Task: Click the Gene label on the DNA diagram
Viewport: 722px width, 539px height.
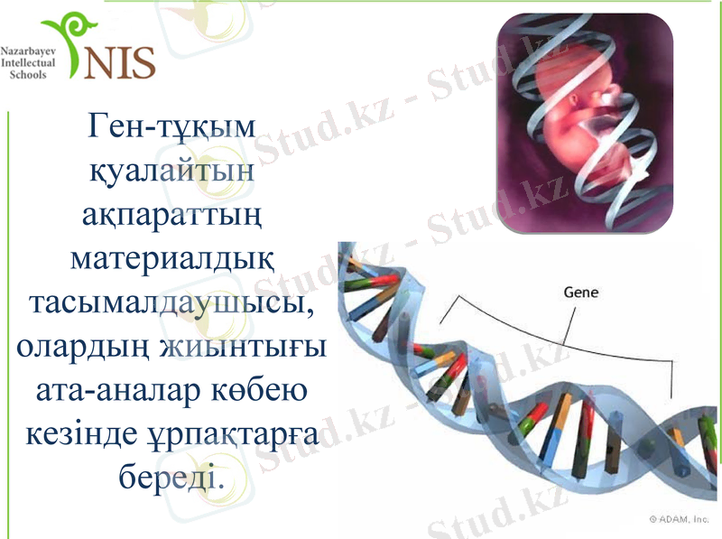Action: click(580, 293)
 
